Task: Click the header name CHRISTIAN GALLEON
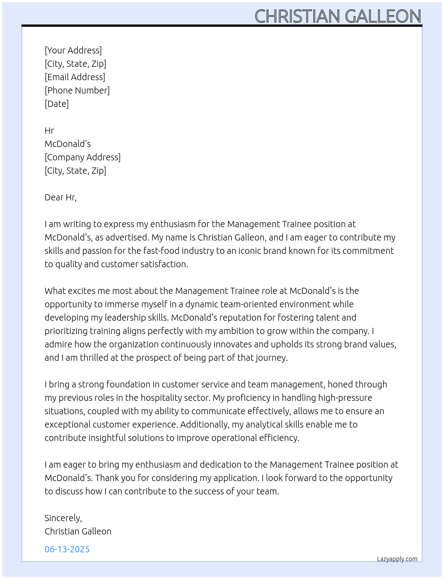[x=337, y=16]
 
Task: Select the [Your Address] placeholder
[x=73, y=50]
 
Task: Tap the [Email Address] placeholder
[x=75, y=77]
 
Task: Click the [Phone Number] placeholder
[x=77, y=90]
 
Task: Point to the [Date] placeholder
[x=57, y=104]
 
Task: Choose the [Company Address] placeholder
[x=82, y=157]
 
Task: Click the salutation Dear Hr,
[x=61, y=197]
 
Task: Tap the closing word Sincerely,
[x=63, y=518]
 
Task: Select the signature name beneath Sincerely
[x=78, y=531]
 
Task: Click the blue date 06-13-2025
[x=67, y=549]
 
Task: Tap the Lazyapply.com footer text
[x=397, y=559]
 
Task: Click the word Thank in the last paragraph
[x=107, y=478]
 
